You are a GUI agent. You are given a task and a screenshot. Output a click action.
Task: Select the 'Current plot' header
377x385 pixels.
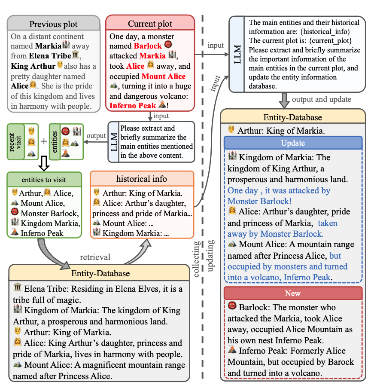coord(150,24)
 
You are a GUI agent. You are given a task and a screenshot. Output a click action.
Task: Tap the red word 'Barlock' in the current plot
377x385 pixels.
coord(148,46)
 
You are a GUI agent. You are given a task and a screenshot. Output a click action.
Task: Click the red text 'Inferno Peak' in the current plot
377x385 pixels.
coord(133,105)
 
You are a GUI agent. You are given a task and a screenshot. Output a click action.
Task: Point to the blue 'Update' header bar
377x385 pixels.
coord(293,143)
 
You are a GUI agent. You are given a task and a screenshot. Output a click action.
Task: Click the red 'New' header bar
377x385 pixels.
coord(293,293)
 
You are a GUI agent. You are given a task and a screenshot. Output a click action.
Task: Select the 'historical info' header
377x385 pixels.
coord(142,178)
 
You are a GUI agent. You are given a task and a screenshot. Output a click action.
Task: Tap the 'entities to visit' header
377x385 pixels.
coord(44,179)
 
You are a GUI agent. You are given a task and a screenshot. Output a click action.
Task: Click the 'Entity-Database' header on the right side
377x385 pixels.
coord(292,117)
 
